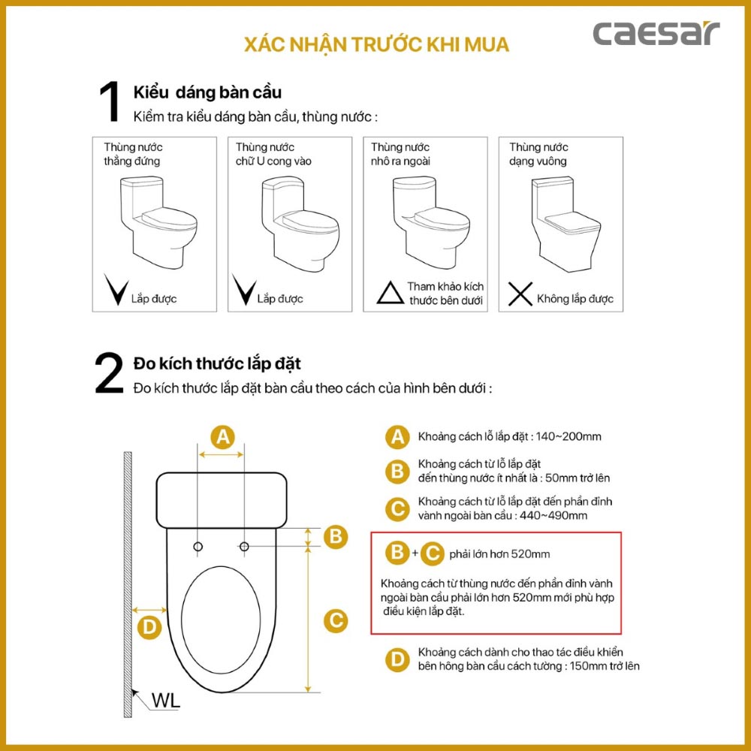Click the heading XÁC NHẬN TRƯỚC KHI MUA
(x=376, y=44)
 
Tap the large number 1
(x=110, y=103)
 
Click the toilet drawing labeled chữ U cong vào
(x=295, y=223)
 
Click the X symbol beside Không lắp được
(x=520, y=295)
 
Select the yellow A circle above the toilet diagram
(x=222, y=436)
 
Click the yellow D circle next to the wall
(x=150, y=628)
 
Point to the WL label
(x=165, y=701)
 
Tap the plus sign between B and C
(x=415, y=553)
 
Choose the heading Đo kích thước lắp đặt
(x=217, y=363)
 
